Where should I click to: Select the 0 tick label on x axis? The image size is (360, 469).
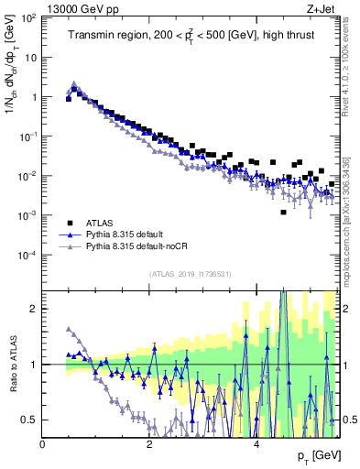point(43,444)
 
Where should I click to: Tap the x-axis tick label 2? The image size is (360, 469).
point(149,444)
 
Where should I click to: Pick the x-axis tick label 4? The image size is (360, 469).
point(256,444)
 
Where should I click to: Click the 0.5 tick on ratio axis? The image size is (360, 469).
point(27,420)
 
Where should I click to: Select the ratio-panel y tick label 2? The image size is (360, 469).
point(33,309)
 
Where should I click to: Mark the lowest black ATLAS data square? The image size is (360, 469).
point(283,213)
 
